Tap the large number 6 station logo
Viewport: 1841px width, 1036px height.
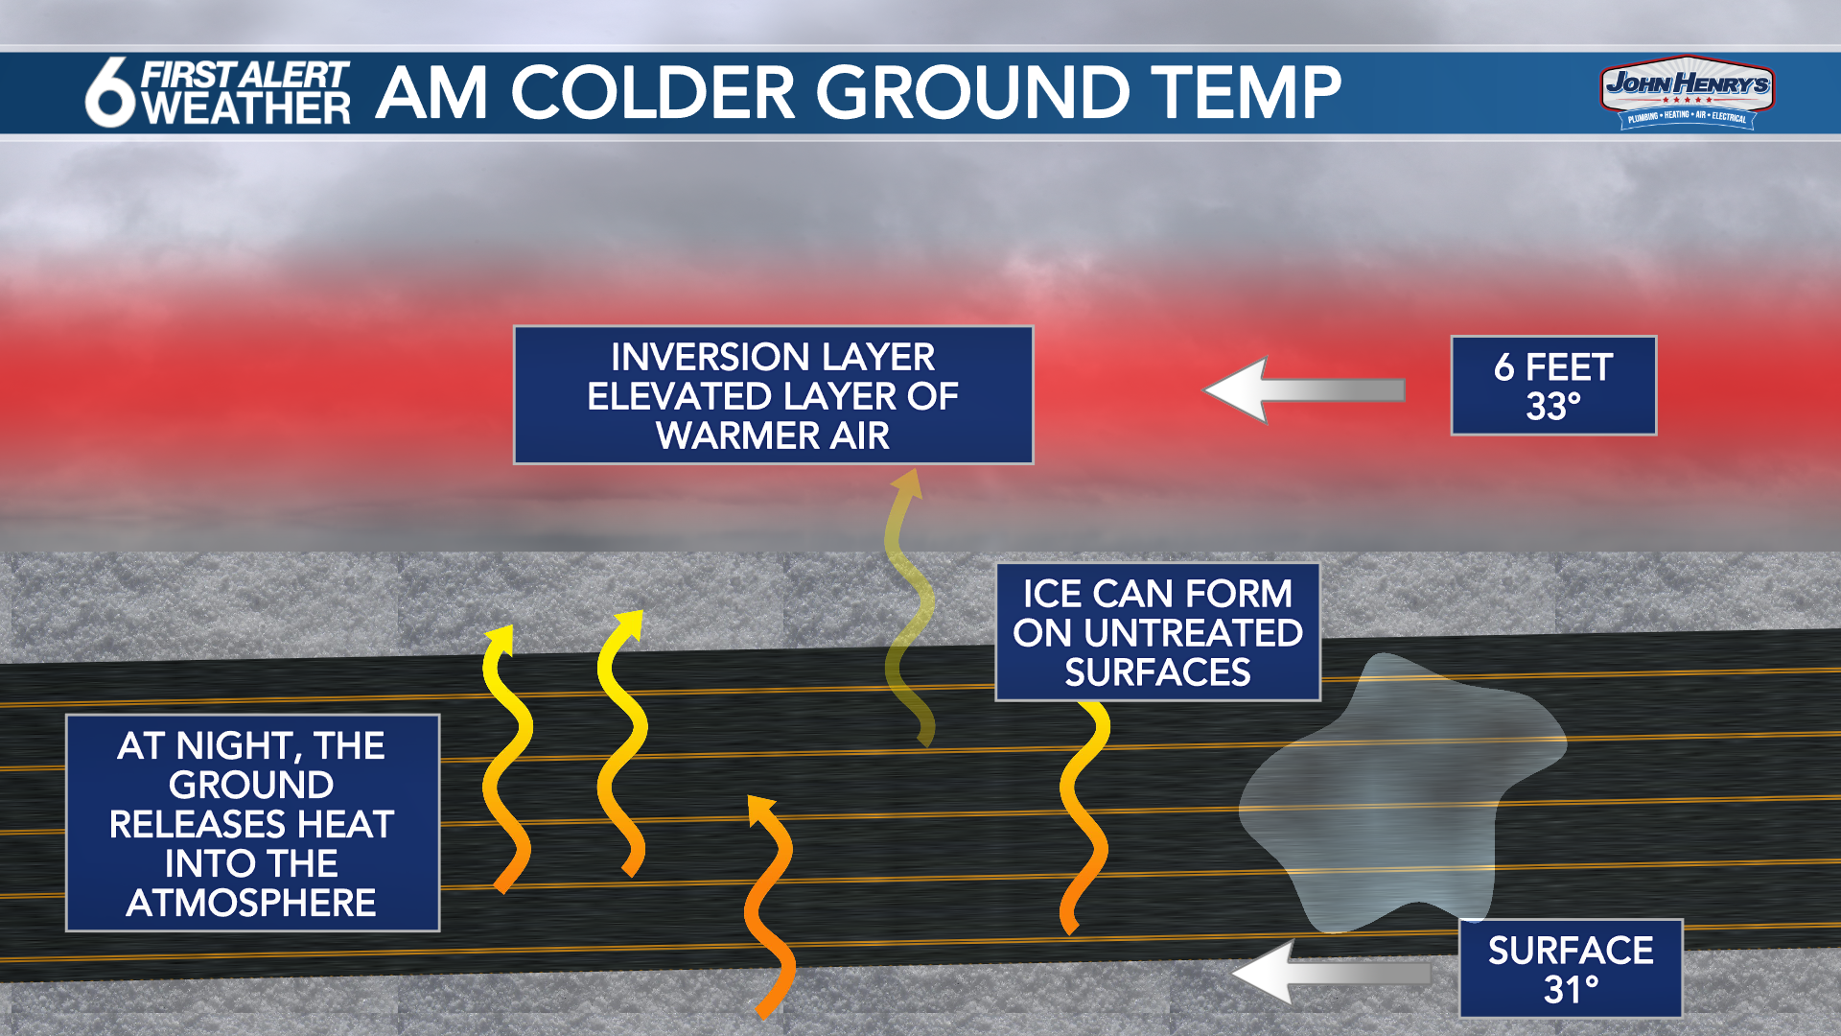click(110, 92)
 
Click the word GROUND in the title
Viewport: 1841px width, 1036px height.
click(972, 93)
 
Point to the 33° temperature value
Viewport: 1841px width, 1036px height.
click(1553, 407)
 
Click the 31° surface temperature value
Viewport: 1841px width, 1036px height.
click(1571, 989)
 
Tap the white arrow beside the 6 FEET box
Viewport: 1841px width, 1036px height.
click(1304, 389)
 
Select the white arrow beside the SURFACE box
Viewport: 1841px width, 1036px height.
click(1331, 973)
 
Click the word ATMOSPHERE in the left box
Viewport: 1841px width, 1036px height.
click(251, 903)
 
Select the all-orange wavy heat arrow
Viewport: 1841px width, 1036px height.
click(770, 906)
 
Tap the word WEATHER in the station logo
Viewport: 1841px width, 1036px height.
click(246, 108)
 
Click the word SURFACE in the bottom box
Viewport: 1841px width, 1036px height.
click(1571, 950)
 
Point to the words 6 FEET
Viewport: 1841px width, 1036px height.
click(1553, 367)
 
